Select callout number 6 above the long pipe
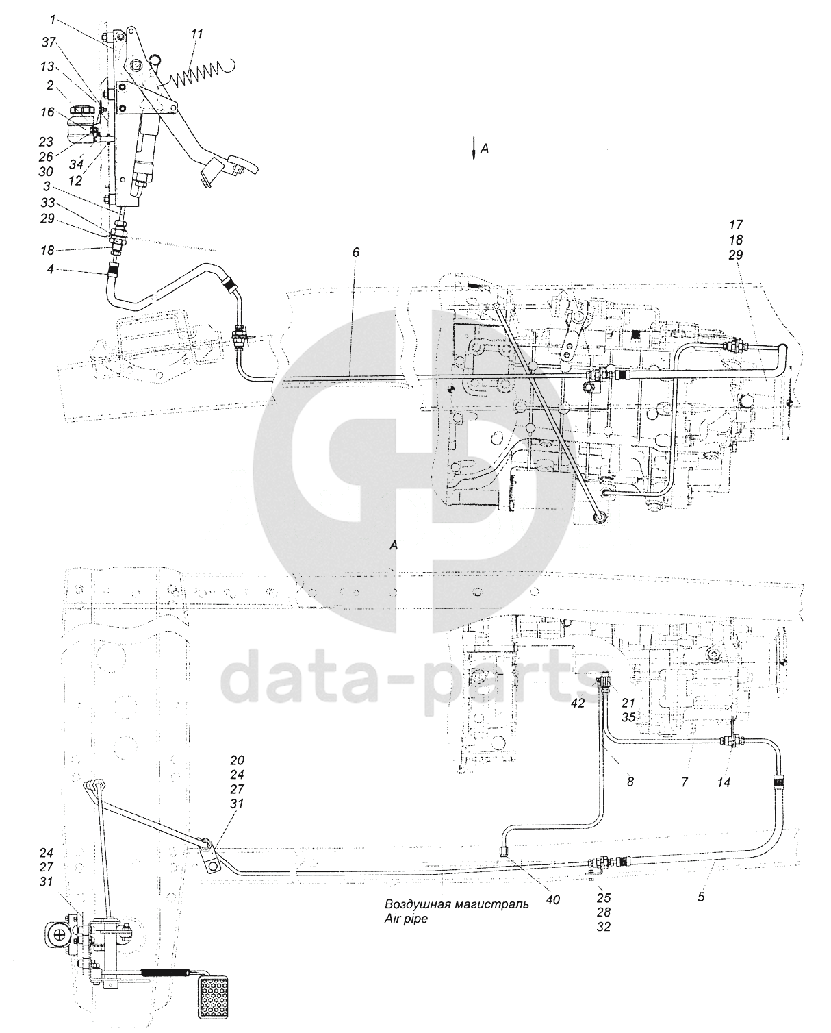[x=355, y=253]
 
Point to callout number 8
[x=630, y=781]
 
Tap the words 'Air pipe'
[x=405, y=919]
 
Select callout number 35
[x=628, y=717]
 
